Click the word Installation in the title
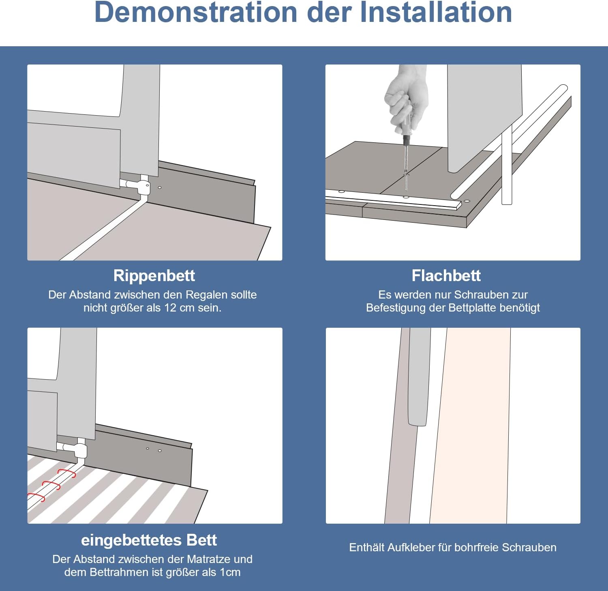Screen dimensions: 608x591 point(436,12)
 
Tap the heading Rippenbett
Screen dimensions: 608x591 point(154,276)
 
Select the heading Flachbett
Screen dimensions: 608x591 point(446,276)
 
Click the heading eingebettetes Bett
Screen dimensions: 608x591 point(149,540)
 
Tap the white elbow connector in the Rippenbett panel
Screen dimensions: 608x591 point(142,187)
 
